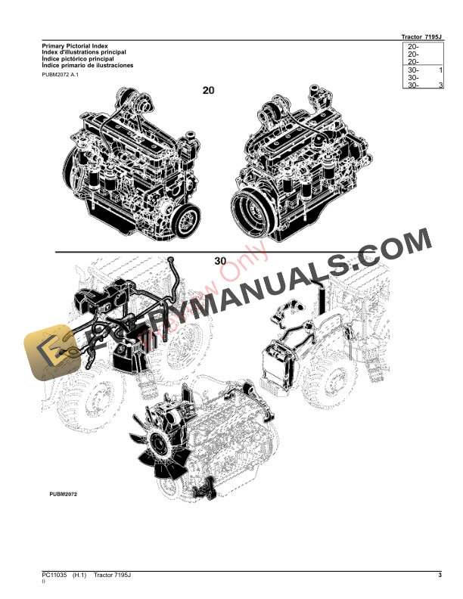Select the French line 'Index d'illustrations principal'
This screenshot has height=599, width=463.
(x=83, y=53)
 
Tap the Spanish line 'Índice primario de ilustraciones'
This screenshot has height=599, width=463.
(x=88, y=66)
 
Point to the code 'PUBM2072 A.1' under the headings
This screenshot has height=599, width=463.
(x=61, y=75)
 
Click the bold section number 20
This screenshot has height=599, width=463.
(x=209, y=91)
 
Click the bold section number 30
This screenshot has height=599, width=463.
(x=220, y=260)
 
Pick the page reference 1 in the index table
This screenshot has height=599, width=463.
(x=440, y=70)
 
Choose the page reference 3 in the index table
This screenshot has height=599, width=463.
(x=440, y=85)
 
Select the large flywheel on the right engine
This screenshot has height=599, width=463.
(x=252, y=206)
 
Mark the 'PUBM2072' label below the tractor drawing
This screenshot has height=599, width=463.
(x=62, y=493)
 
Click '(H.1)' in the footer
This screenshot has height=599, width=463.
(x=81, y=577)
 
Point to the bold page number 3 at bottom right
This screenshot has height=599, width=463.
(x=440, y=577)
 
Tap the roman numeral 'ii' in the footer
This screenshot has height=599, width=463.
(x=43, y=584)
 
